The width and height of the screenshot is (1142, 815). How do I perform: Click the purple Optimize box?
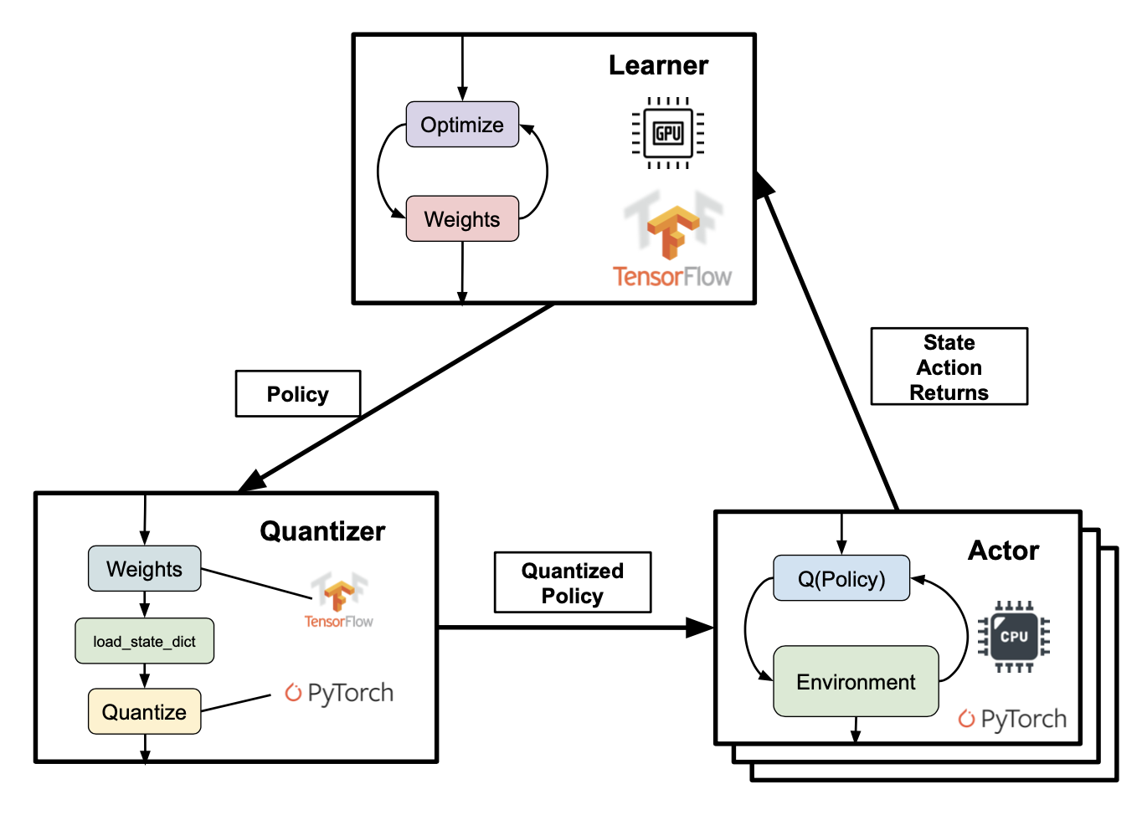click(x=462, y=125)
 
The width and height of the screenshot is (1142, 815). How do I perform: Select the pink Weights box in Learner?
click(x=462, y=218)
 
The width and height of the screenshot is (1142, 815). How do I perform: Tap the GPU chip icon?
click(x=668, y=133)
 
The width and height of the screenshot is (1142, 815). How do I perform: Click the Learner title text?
click(x=658, y=65)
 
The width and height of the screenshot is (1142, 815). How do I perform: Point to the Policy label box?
click(x=298, y=394)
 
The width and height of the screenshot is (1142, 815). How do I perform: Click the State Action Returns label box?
click(x=949, y=366)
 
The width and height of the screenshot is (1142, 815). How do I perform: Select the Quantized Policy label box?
click(x=573, y=582)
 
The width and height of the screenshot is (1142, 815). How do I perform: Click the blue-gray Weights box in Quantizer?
click(x=144, y=568)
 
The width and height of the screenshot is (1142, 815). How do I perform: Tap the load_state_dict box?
click(x=144, y=641)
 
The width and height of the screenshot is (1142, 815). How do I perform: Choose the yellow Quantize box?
click(x=144, y=711)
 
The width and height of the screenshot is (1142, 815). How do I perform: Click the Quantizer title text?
click(x=322, y=531)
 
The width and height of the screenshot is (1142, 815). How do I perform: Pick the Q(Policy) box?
click(x=841, y=578)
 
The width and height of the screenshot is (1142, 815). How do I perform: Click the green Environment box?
click(x=856, y=682)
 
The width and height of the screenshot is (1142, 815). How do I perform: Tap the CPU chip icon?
click(x=1014, y=636)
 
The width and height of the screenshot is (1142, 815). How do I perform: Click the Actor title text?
click(x=1003, y=551)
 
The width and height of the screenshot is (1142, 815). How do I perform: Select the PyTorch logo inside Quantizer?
click(x=339, y=694)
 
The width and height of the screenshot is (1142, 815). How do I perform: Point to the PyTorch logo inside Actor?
click(x=1012, y=719)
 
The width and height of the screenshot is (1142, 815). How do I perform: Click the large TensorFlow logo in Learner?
click(x=672, y=238)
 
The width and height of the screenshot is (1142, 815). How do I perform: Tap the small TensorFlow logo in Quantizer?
click(x=339, y=600)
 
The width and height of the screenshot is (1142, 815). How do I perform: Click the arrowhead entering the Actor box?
click(x=700, y=628)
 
